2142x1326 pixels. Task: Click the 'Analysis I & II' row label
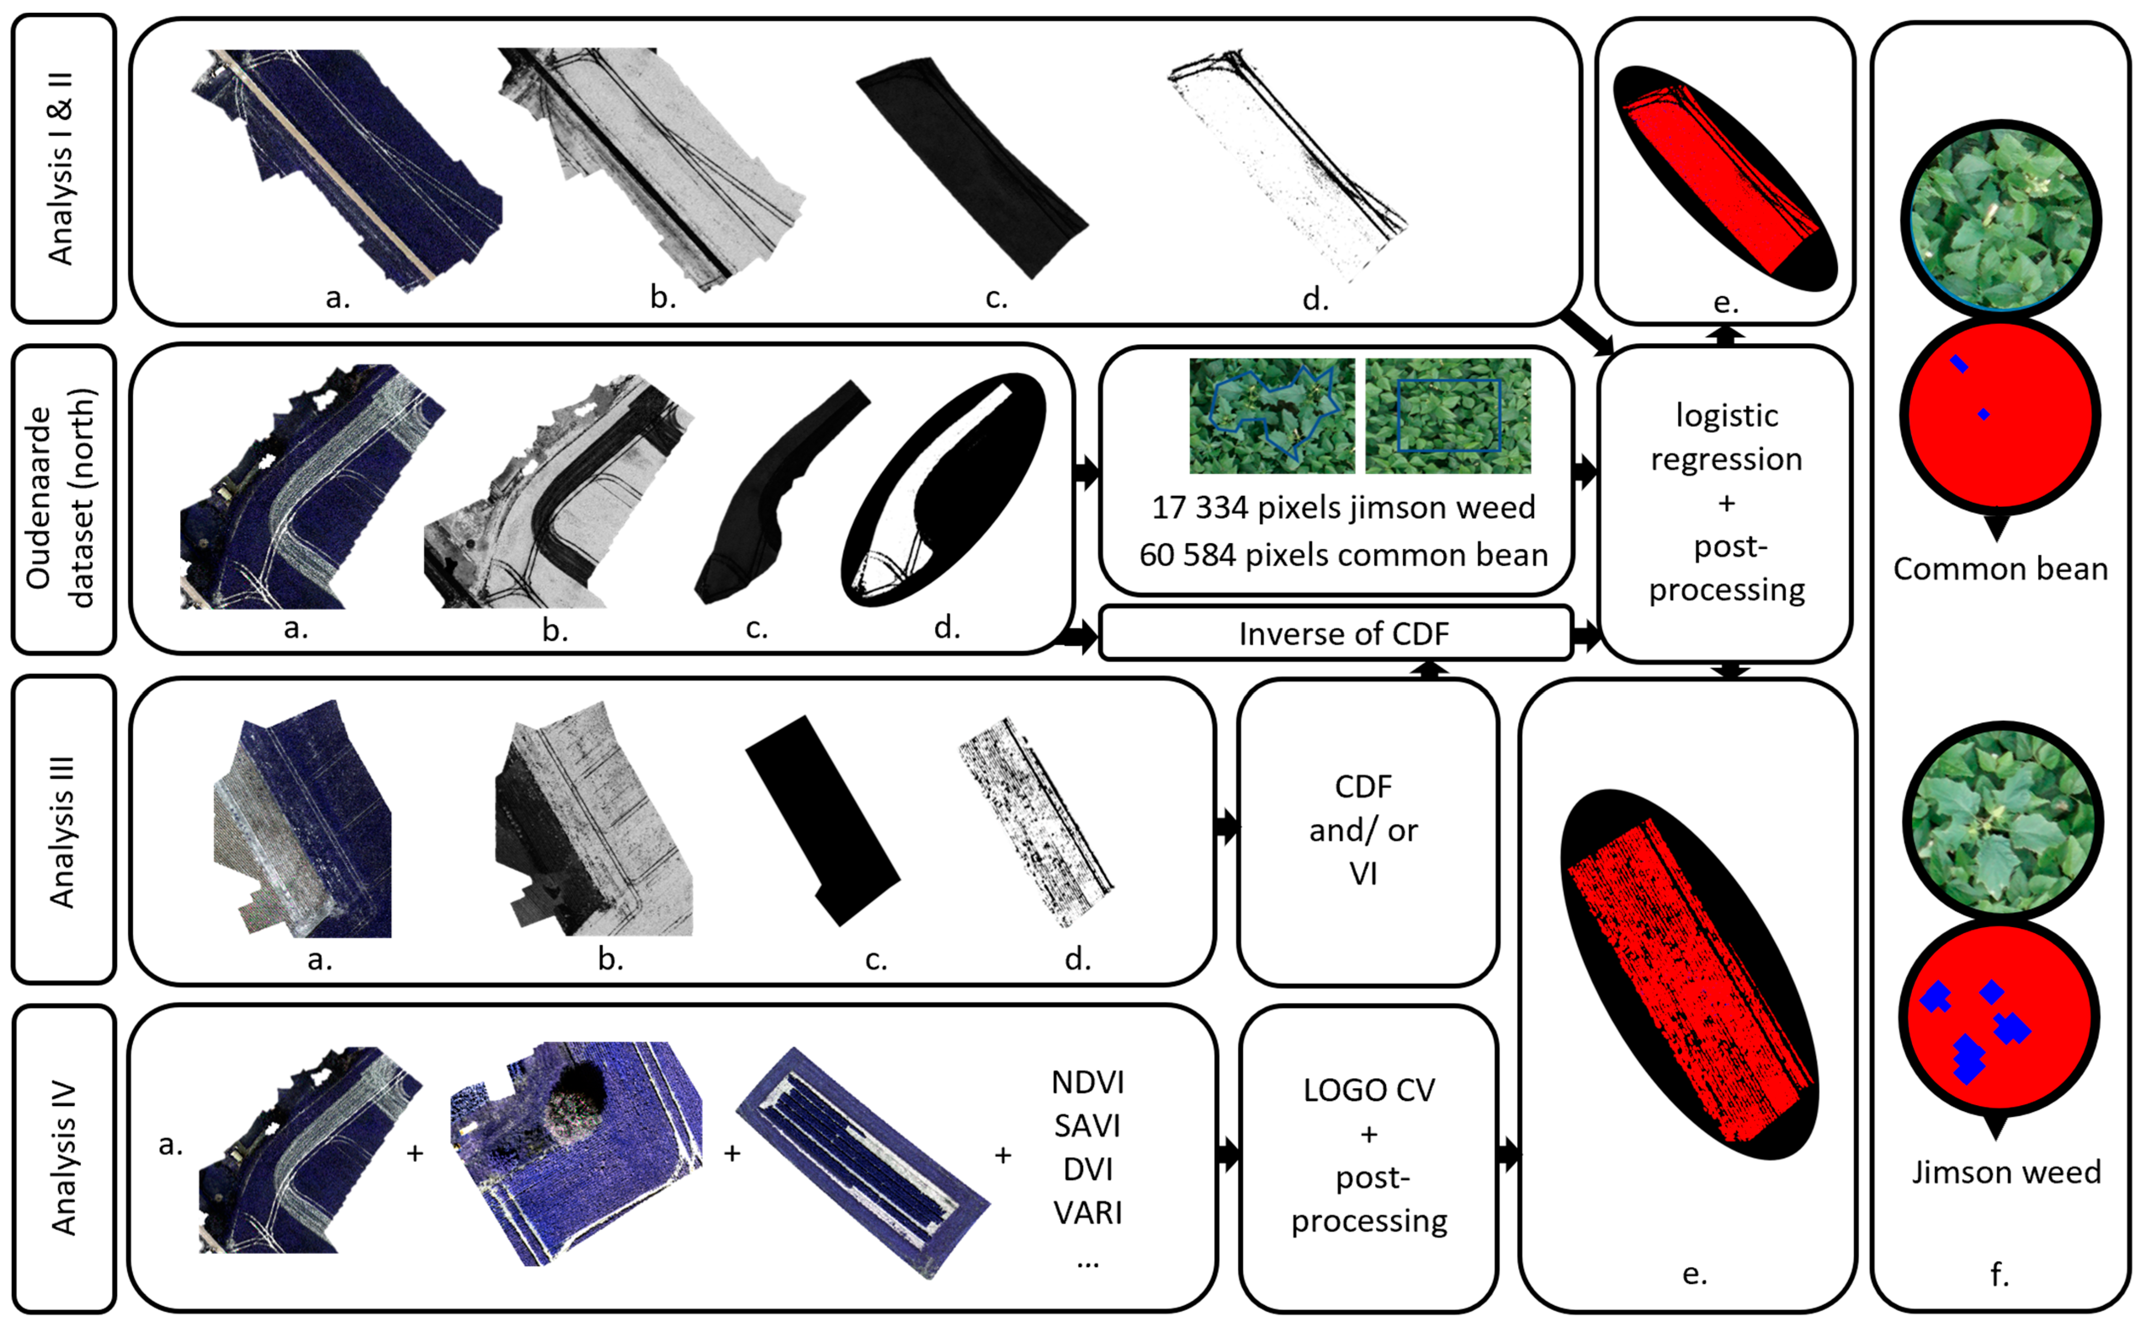pyautogui.click(x=61, y=168)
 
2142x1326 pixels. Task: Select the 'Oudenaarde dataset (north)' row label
pyautogui.click(x=61, y=498)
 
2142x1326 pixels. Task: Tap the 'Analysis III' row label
pyautogui.click(x=61, y=830)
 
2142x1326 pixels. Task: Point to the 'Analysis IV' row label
pyautogui.click(x=61, y=1158)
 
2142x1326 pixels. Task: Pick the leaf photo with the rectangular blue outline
pyautogui.click(x=1448, y=416)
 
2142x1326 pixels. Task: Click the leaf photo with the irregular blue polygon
pyautogui.click(x=1271, y=416)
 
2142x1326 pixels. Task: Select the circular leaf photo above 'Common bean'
pyautogui.click(x=2001, y=217)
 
